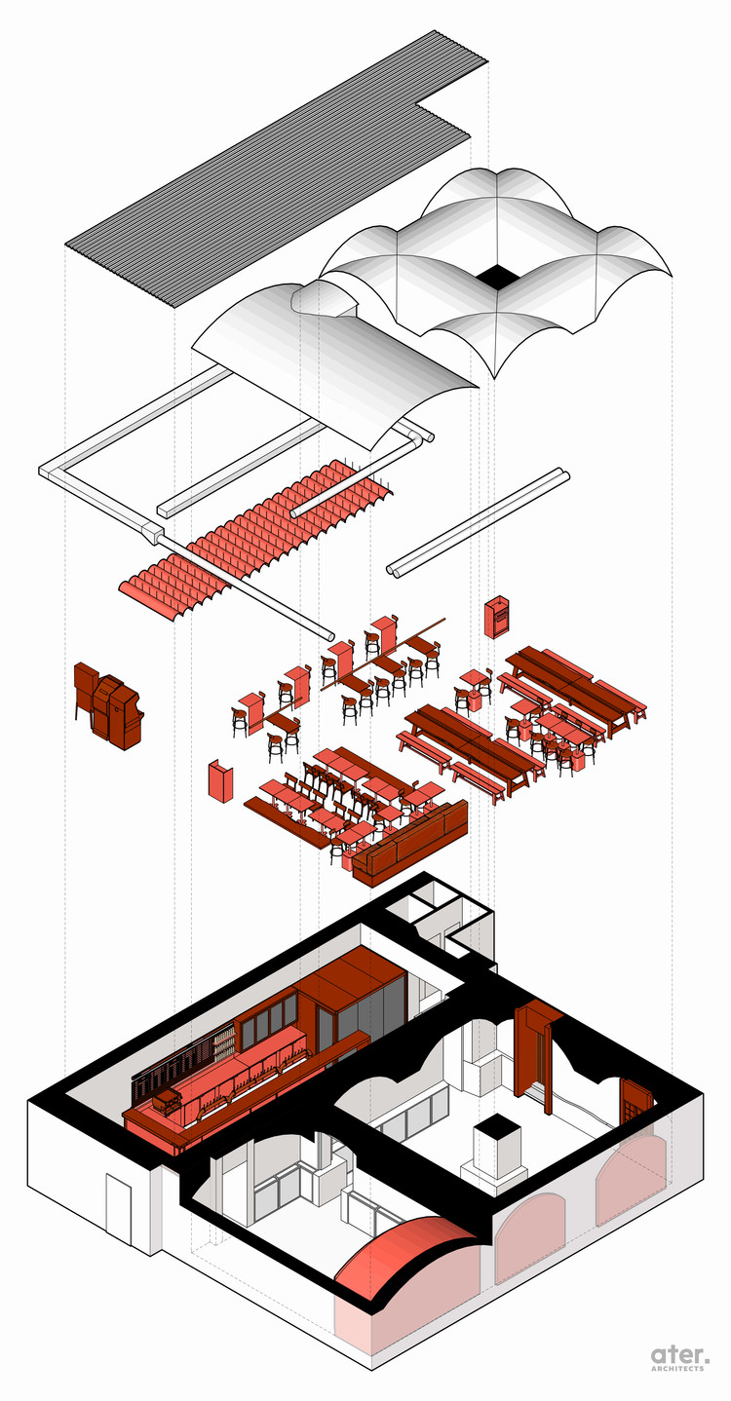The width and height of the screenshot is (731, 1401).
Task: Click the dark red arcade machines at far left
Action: click(x=107, y=706)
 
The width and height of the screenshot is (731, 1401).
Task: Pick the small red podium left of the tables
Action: click(x=221, y=781)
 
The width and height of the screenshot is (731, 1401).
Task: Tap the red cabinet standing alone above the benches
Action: click(x=497, y=616)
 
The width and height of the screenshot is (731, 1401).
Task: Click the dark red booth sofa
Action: click(x=409, y=846)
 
